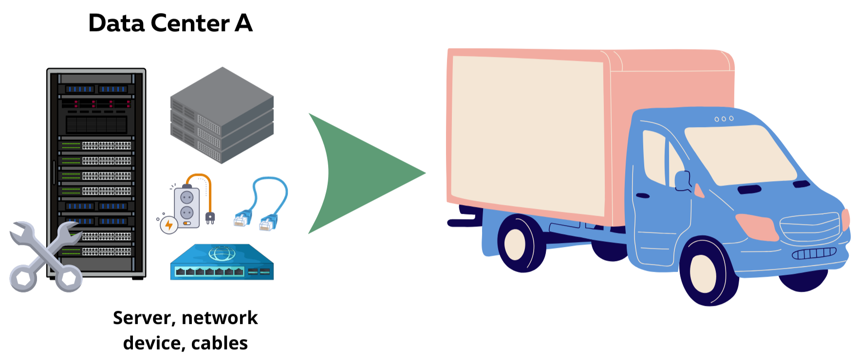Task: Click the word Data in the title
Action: click(116, 23)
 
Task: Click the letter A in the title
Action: click(243, 23)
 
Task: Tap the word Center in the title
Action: click(190, 23)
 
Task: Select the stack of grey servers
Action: click(222, 115)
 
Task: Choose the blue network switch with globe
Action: click(222, 263)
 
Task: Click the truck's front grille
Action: click(809, 227)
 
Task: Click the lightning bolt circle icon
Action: click(169, 225)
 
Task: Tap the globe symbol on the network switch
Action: click(222, 253)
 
